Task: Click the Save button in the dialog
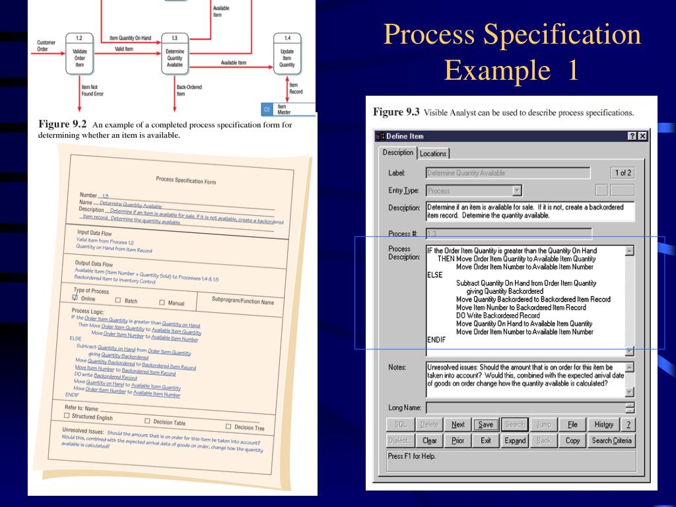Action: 485,424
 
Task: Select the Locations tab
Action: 433,154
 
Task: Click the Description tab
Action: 398,152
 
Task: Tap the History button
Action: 603,424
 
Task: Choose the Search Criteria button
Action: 612,440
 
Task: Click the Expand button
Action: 514,440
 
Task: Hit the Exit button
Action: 485,440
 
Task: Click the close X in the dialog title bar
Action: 642,136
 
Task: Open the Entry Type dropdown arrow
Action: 517,191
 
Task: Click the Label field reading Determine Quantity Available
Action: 508,173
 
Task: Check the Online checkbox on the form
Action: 75,298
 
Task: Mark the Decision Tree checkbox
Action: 229,426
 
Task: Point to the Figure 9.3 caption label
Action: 396,112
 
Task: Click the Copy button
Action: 572,440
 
